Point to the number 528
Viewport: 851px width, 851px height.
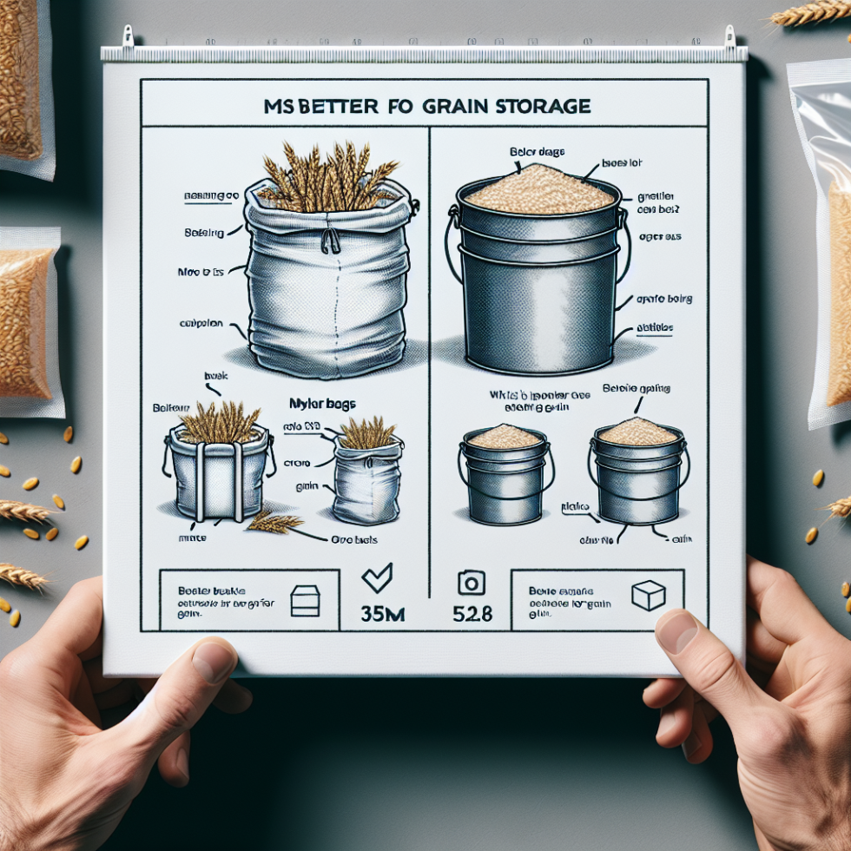tap(473, 614)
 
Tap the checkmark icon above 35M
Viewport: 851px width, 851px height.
tap(377, 577)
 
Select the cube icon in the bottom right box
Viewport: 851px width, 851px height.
tap(648, 596)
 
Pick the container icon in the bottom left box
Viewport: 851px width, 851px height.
tap(304, 600)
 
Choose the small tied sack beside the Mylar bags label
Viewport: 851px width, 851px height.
tap(367, 478)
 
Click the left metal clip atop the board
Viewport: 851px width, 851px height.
tap(128, 36)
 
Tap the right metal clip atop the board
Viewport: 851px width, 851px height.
tap(729, 36)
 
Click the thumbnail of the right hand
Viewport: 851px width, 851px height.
tap(676, 631)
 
